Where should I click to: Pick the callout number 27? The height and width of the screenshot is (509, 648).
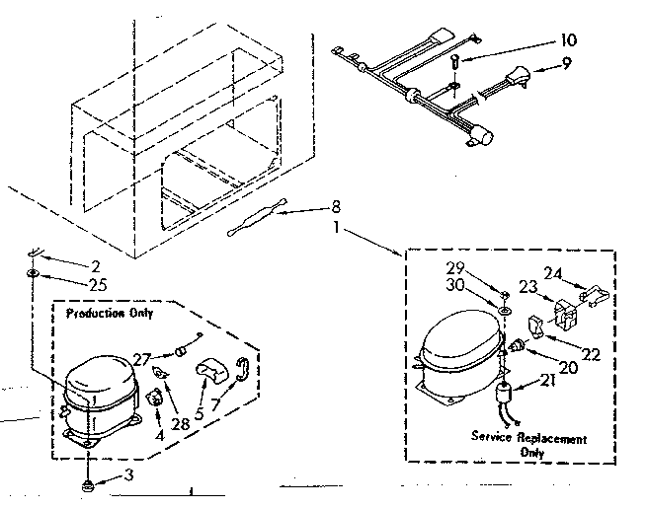142,359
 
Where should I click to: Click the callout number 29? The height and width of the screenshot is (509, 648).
481,267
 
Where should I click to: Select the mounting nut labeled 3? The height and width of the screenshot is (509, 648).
88,483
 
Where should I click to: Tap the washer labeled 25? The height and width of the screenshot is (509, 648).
33,271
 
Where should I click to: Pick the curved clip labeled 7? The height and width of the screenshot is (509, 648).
242,370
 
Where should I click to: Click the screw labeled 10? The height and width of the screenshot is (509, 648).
453,62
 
